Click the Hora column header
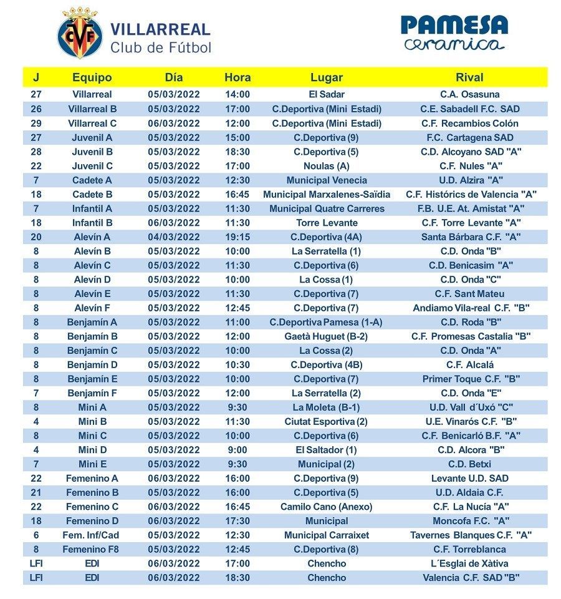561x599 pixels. pos(237,78)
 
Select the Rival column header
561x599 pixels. pos(469,78)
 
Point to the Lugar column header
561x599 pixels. pos(326,78)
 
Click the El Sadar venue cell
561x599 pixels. pos(326,95)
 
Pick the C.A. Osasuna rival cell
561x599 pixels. pos(469,95)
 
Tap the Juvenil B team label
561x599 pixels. pos(92,152)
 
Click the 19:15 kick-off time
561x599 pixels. pos(237,237)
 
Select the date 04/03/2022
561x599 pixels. pos(174,237)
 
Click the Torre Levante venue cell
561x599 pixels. pos(326,223)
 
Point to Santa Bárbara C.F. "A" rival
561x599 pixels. pos(471,237)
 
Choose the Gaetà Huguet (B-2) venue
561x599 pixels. pos(326,336)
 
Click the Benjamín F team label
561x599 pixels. pos(92,393)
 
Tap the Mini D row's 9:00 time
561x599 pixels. pos(237,450)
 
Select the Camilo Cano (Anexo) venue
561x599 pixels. pos(326,507)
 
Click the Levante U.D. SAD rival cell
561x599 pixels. pos(471,479)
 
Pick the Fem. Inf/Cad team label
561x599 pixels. pos(92,535)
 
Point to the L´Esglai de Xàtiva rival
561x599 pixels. pos(471,563)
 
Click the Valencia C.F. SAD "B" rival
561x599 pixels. pos(471,578)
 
